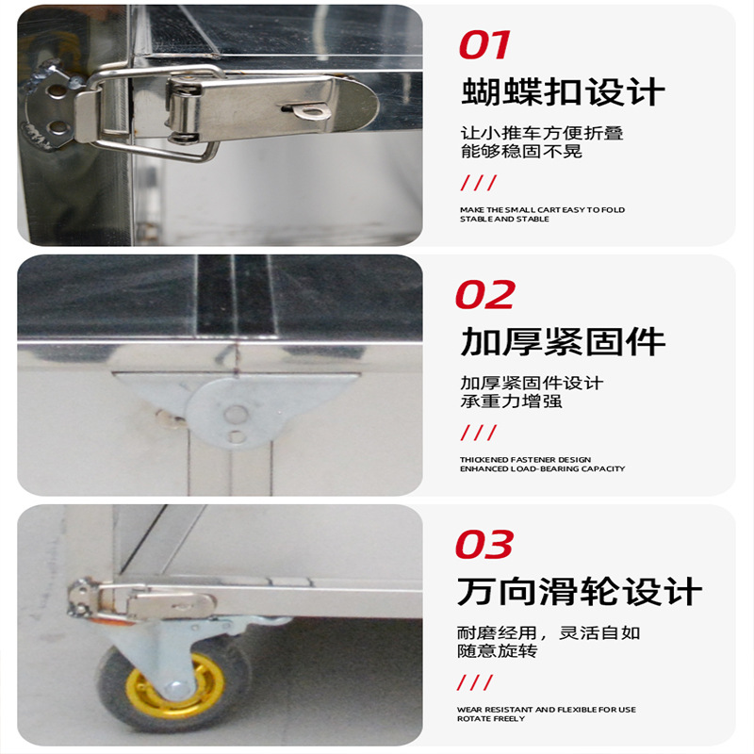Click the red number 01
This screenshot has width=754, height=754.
click(x=484, y=44)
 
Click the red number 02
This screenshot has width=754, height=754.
click(x=484, y=294)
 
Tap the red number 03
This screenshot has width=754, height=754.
click(x=484, y=545)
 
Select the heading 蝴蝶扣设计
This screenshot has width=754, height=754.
click(x=563, y=91)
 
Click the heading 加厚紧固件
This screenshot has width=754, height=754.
click(x=563, y=341)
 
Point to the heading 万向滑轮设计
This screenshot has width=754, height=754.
click(x=580, y=591)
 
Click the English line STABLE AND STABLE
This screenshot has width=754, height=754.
click(x=504, y=219)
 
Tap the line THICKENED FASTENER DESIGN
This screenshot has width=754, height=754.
click(x=525, y=460)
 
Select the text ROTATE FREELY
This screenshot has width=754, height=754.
click(x=491, y=718)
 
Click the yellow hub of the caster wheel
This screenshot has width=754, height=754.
click(x=174, y=686)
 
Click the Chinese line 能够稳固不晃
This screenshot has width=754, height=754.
click(x=521, y=151)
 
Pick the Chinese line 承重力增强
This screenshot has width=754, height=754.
click(x=511, y=401)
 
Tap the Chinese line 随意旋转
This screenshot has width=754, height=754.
click(x=498, y=650)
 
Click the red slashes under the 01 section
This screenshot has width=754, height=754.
click(x=479, y=183)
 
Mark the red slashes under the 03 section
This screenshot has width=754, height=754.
click(x=475, y=682)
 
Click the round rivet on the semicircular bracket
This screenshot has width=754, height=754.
click(x=236, y=414)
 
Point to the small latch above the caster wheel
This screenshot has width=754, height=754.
click(x=143, y=601)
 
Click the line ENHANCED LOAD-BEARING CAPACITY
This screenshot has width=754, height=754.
click(x=543, y=468)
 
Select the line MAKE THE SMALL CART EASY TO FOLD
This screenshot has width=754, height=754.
click(x=543, y=209)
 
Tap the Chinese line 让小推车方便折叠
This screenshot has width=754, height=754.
click(x=542, y=133)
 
